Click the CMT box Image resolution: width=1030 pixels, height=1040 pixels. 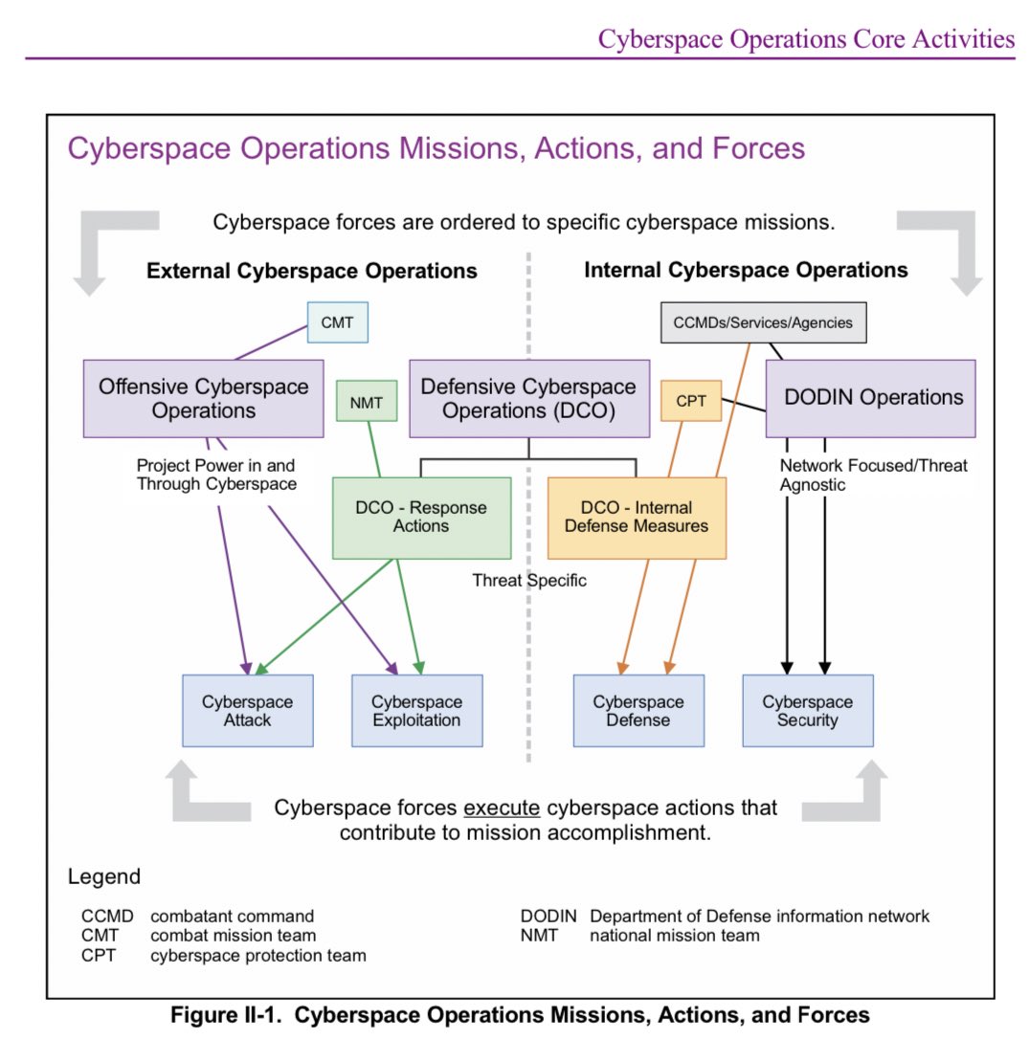pos(337,322)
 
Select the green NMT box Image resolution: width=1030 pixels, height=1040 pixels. pos(366,403)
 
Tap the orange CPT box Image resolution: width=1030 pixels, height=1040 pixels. pos(690,401)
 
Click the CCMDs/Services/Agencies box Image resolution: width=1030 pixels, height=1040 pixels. pos(763,322)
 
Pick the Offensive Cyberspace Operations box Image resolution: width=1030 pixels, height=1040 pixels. pos(203,398)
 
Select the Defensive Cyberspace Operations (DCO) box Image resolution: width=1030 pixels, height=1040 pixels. pos(528,398)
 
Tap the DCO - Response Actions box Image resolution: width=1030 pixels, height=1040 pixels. pos(421,517)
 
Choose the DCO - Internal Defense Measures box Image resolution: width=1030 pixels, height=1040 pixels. pos(637,517)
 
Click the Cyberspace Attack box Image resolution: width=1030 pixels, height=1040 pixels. pos(248,710)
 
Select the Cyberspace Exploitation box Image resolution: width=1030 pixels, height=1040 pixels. pos(416,710)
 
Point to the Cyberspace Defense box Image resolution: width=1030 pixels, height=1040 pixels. pos(638,710)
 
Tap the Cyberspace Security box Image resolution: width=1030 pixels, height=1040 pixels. pos(807,710)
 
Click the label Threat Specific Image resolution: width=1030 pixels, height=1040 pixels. pos(529,580)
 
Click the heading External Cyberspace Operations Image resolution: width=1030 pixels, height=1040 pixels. pos(311,271)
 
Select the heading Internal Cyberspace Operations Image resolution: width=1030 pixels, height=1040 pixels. pos(746,270)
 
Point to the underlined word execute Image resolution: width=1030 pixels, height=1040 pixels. pos(502,808)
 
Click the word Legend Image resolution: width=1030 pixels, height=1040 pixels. pos(103,876)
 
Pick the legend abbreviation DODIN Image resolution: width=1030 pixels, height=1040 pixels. pos(549,916)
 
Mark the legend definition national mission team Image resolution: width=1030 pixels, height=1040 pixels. pos(674,935)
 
